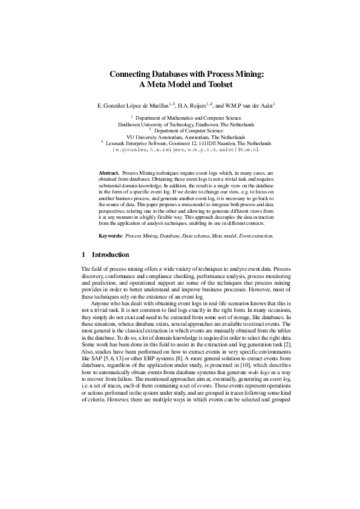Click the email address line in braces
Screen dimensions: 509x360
click(x=180, y=148)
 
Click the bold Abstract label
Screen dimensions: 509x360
click(x=108, y=172)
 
